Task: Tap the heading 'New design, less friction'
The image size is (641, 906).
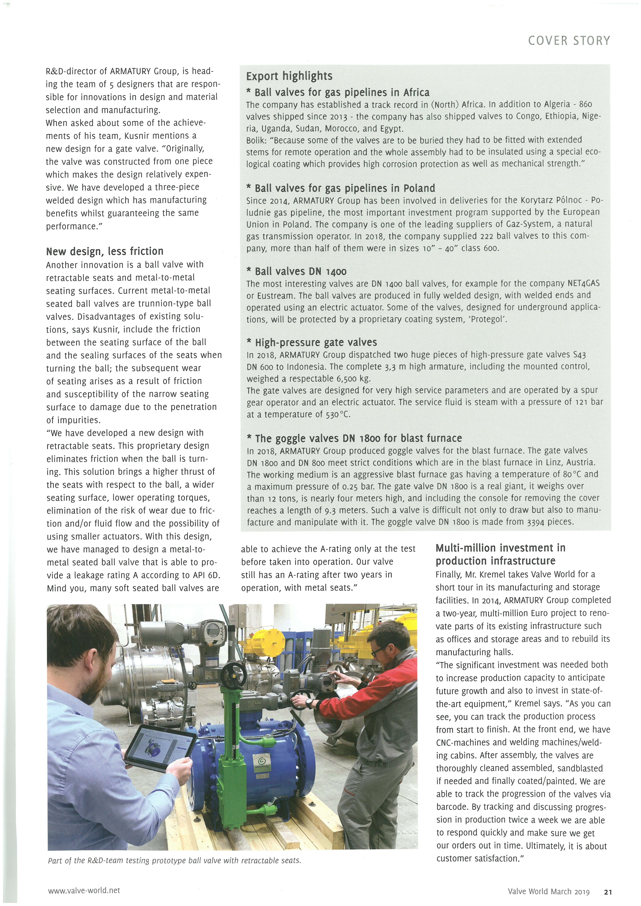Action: tap(105, 251)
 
